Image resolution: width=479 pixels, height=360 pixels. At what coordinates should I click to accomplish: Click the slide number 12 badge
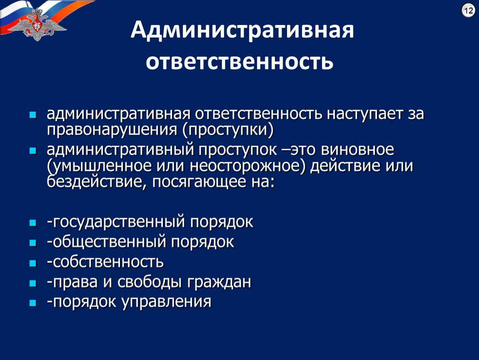coord(468,10)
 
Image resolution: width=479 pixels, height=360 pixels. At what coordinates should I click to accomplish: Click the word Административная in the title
coord(242,30)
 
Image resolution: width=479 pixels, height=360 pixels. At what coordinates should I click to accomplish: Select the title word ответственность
coord(239,61)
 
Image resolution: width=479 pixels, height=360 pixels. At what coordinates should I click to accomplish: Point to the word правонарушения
coord(112,130)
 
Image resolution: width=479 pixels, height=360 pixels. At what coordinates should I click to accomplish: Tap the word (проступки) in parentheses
coord(228,130)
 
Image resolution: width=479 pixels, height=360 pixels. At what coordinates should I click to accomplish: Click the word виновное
coord(357,150)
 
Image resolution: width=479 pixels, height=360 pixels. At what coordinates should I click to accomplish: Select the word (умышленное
coord(99,166)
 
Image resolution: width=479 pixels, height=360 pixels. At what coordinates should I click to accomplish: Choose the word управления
coord(167,302)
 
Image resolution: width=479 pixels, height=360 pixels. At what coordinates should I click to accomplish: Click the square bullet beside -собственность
coord(33,263)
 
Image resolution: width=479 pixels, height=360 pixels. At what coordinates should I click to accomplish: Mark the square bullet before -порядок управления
coord(33,303)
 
